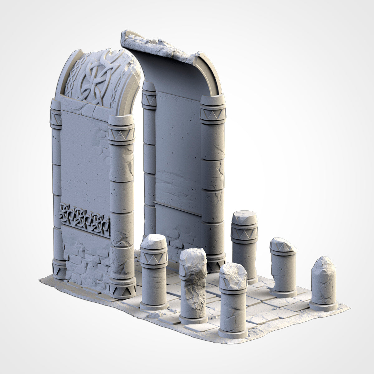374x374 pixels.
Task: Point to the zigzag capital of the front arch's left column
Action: (x=56, y=117)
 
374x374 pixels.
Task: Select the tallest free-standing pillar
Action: (x=245, y=246)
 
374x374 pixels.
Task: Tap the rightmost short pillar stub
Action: (x=324, y=284)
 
